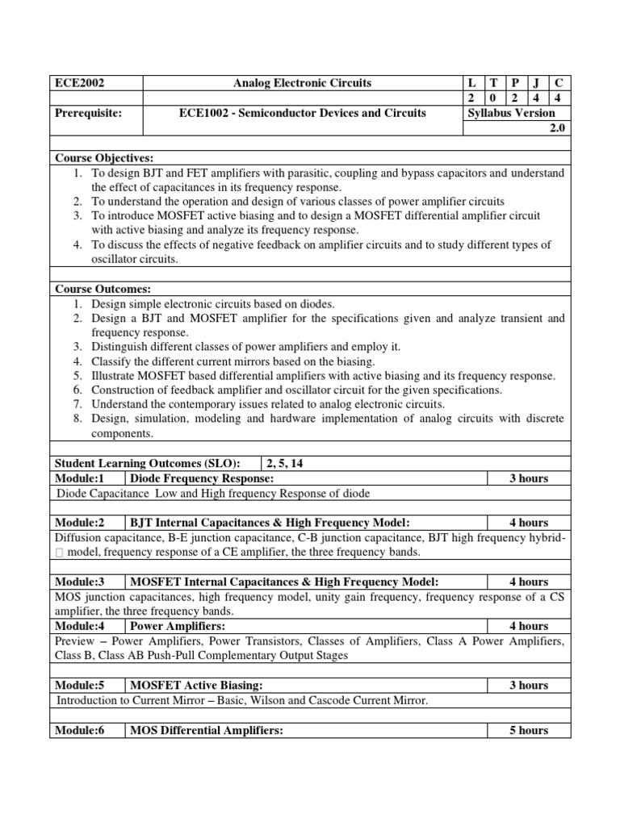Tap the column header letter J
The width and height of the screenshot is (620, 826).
pyautogui.click(x=535, y=83)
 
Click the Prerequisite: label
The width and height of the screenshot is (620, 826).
pyautogui.click(x=88, y=113)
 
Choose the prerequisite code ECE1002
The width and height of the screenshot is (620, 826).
pyautogui.click(x=204, y=113)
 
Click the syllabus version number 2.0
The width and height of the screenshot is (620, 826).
pyautogui.click(x=557, y=128)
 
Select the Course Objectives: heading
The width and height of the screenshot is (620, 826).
pyautogui.click(x=103, y=157)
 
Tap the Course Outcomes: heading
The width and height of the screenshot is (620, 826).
pyautogui.click(x=103, y=289)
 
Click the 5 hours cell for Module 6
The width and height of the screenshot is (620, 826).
pyautogui.click(x=528, y=730)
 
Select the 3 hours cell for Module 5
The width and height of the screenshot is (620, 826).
pyautogui.click(x=528, y=686)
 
